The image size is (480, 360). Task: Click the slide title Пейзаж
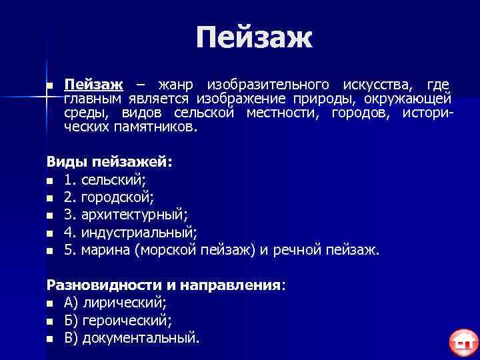click(254, 38)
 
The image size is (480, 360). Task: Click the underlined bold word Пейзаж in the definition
click(93, 85)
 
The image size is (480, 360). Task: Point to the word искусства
click(381, 85)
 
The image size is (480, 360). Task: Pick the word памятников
click(154, 127)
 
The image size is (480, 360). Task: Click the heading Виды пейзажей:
click(109, 162)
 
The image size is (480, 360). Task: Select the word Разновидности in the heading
click(103, 285)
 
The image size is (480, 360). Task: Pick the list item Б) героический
click(118, 321)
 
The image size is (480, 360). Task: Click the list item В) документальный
click(132, 338)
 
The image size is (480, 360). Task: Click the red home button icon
click(461, 343)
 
